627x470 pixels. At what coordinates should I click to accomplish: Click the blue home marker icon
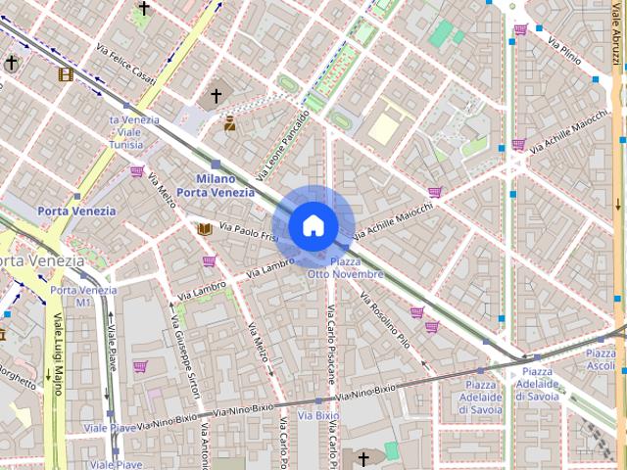coord(313,225)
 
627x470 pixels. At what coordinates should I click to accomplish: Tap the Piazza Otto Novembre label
coord(346,268)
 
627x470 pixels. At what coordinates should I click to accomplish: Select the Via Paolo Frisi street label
coord(251,233)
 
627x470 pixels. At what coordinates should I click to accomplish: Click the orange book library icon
coord(204,228)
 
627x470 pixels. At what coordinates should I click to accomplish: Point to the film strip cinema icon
coord(66,74)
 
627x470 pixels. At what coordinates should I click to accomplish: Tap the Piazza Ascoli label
coord(601,358)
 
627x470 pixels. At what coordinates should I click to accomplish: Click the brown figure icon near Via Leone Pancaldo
coord(230,123)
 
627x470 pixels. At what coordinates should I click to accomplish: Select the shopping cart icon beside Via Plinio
coord(520,29)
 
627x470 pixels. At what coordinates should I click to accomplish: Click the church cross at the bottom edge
coord(363,458)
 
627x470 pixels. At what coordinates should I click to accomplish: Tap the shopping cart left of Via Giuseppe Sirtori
coord(140,366)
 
